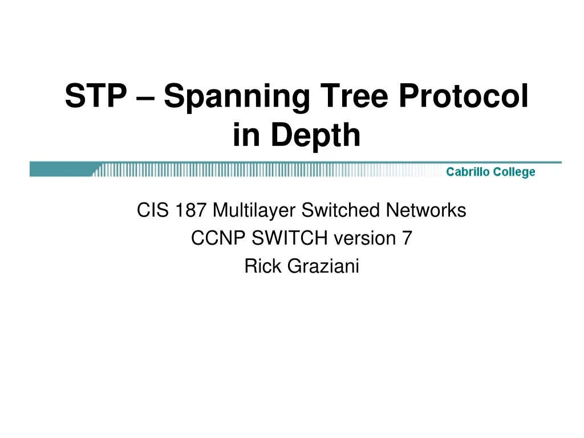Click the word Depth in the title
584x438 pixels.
click(316, 136)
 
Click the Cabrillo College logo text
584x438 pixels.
click(490, 172)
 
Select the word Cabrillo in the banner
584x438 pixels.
click(469, 172)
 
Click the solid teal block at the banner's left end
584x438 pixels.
click(60, 169)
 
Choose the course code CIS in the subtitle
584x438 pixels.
click(150, 211)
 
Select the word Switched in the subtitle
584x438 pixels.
click(341, 211)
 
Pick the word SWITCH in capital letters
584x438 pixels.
click(281, 238)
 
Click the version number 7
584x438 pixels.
click(406, 238)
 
